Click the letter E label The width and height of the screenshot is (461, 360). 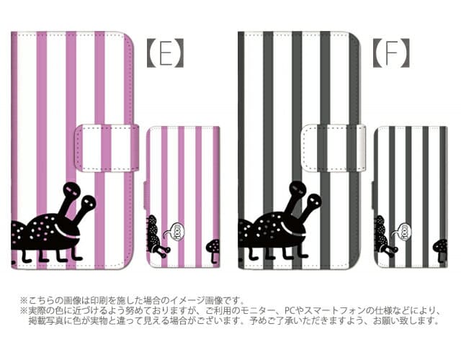coord(166,53)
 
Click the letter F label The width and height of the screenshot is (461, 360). coord(392,53)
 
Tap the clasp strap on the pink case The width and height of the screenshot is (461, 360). coord(107,148)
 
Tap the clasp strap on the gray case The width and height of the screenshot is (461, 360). coord(334,148)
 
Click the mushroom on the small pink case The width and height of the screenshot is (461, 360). coord(214,250)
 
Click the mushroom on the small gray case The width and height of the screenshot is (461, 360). coord(440,250)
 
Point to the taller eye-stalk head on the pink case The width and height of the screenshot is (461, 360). coord(72,190)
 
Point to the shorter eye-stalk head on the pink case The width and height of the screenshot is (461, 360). coord(88,202)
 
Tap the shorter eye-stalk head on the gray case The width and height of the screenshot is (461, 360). coord(313,202)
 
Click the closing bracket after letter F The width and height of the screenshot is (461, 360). coord(405,53)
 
